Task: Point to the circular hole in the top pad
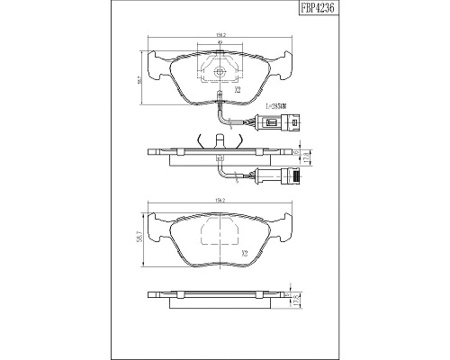coord(219,73)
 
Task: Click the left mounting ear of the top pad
coord(157,64)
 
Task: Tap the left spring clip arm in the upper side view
coord(198,139)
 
